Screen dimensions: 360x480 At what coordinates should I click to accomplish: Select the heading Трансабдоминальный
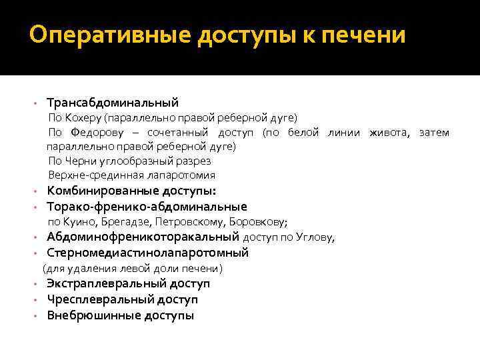pos(113,103)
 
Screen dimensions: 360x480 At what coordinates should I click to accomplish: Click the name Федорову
pos(87,132)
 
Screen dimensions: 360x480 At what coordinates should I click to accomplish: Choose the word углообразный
pos(134,161)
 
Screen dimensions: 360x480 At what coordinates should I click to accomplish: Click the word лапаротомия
pos(180,175)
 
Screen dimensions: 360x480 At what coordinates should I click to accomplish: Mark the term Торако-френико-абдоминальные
pos(147,207)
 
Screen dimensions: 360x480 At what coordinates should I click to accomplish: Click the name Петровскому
pos(190,221)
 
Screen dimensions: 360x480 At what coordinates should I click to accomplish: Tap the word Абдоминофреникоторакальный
pos(143,237)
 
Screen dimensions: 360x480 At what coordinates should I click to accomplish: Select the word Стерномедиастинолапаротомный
pos(147,253)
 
